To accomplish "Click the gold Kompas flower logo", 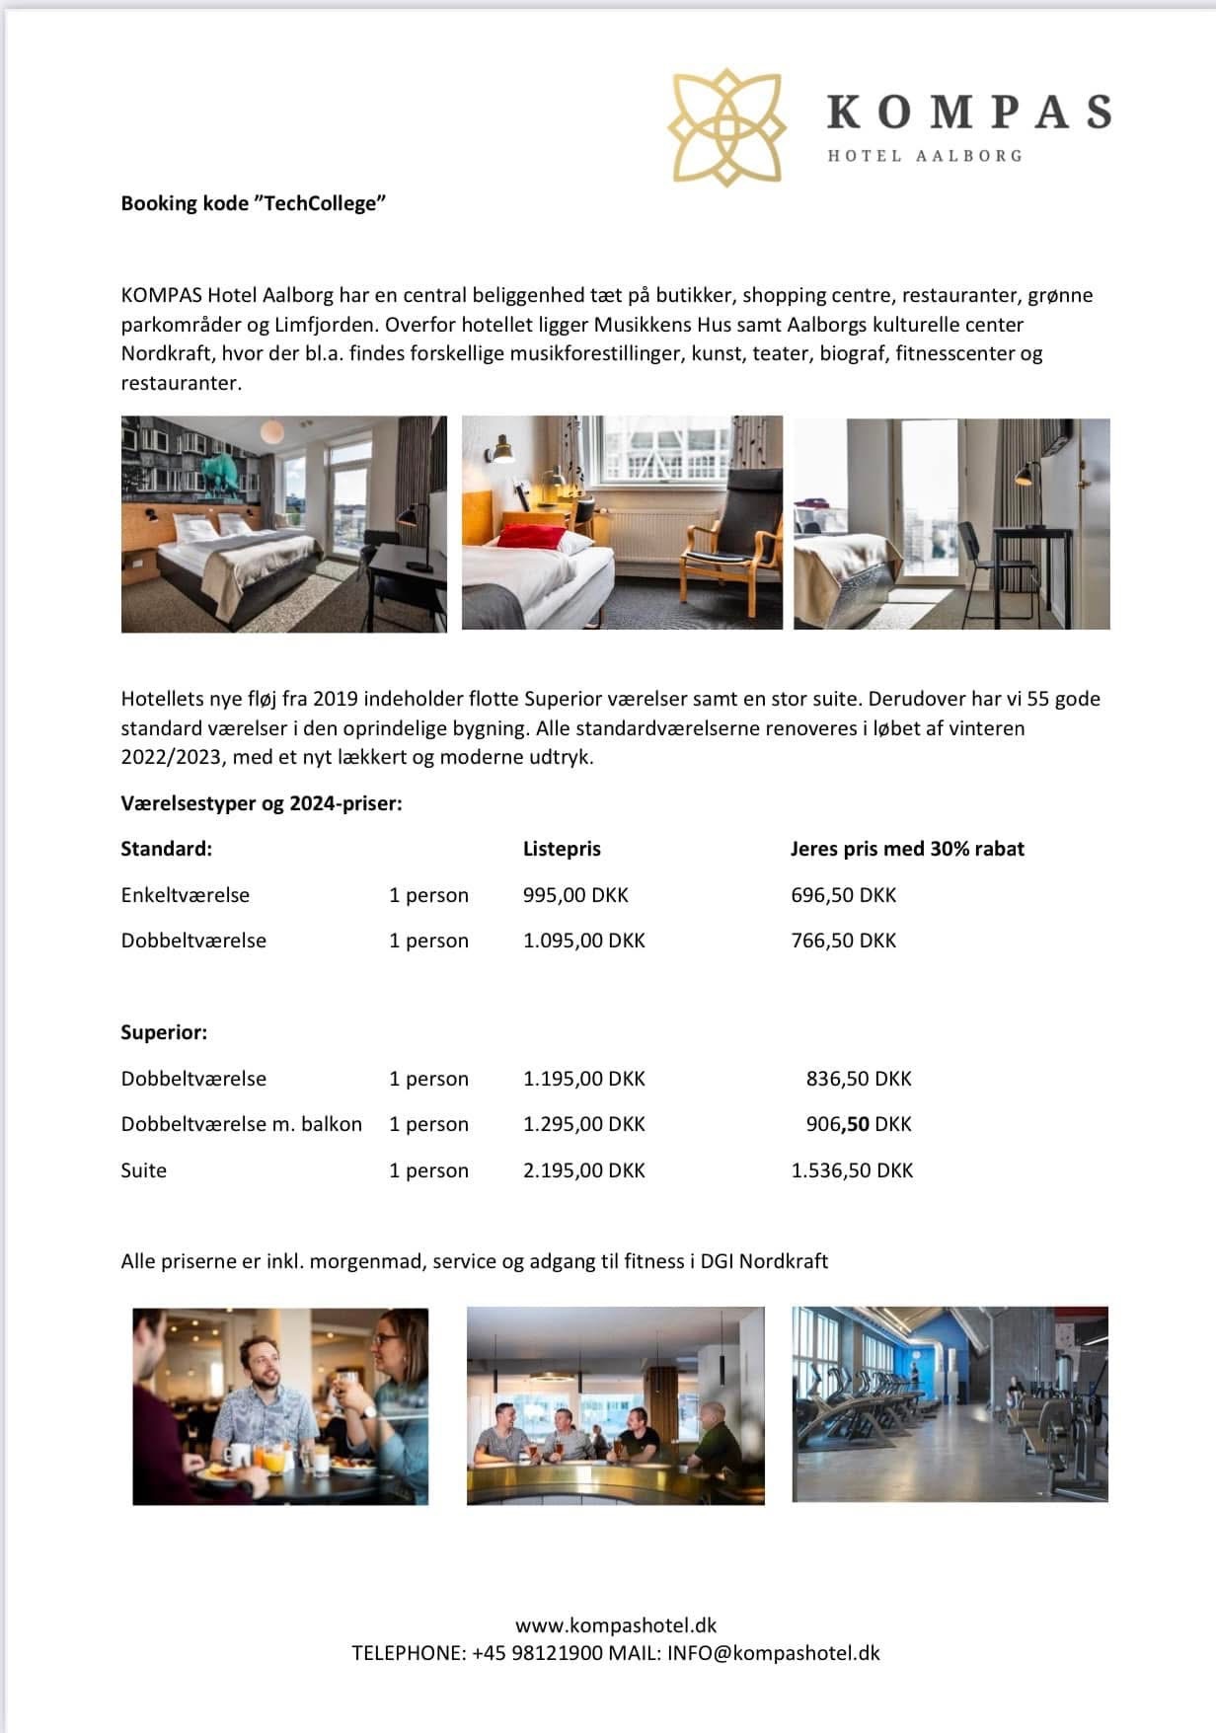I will tap(725, 126).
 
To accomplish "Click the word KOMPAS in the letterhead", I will tap(968, 112).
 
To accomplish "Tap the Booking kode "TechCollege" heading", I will tap(253, 203).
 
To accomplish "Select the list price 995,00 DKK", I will tap(575, 895).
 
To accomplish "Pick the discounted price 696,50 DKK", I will tap(843, 895).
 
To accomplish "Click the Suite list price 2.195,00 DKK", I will tap(583, 1170).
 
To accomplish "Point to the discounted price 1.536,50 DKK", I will tap(852, 1170).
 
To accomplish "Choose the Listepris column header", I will tap(562, 849).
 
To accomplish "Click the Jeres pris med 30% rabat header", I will tap(907, 849).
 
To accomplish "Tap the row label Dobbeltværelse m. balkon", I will tap(241, 1124).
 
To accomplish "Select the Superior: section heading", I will tap(164, 1032).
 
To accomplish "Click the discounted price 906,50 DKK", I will tap(859, 1124).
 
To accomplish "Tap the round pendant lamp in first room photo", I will tap(272, 431).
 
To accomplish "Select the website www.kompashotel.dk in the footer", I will tap(616, 1624).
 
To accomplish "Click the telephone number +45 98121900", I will tap(537, 1653).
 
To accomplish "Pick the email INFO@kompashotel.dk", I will tap(773, 1653).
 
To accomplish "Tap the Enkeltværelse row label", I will tap(186, 895).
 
